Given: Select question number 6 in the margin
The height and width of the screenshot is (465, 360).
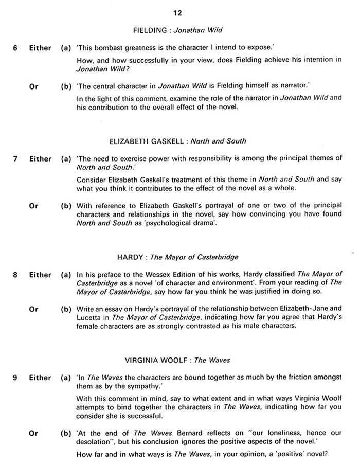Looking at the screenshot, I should pos(15,48).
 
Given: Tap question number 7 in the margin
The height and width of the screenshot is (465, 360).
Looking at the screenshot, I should pos(15,159).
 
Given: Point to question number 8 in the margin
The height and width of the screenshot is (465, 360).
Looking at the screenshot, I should pos(15,275).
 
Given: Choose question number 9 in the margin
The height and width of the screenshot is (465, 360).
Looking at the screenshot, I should pos(15,378).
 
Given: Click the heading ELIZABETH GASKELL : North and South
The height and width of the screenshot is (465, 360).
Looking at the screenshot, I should pos(178,141).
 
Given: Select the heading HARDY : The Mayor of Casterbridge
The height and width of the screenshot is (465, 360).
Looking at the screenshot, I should pos(177,257).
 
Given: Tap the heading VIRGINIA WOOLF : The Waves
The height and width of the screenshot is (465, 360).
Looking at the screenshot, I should pos(177,360).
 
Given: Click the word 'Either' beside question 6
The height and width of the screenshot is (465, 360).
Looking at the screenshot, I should pos(40,48).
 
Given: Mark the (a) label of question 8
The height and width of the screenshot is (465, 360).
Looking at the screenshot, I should pos(66,275).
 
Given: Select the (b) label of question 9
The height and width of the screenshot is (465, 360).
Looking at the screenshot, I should pos(66,434).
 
